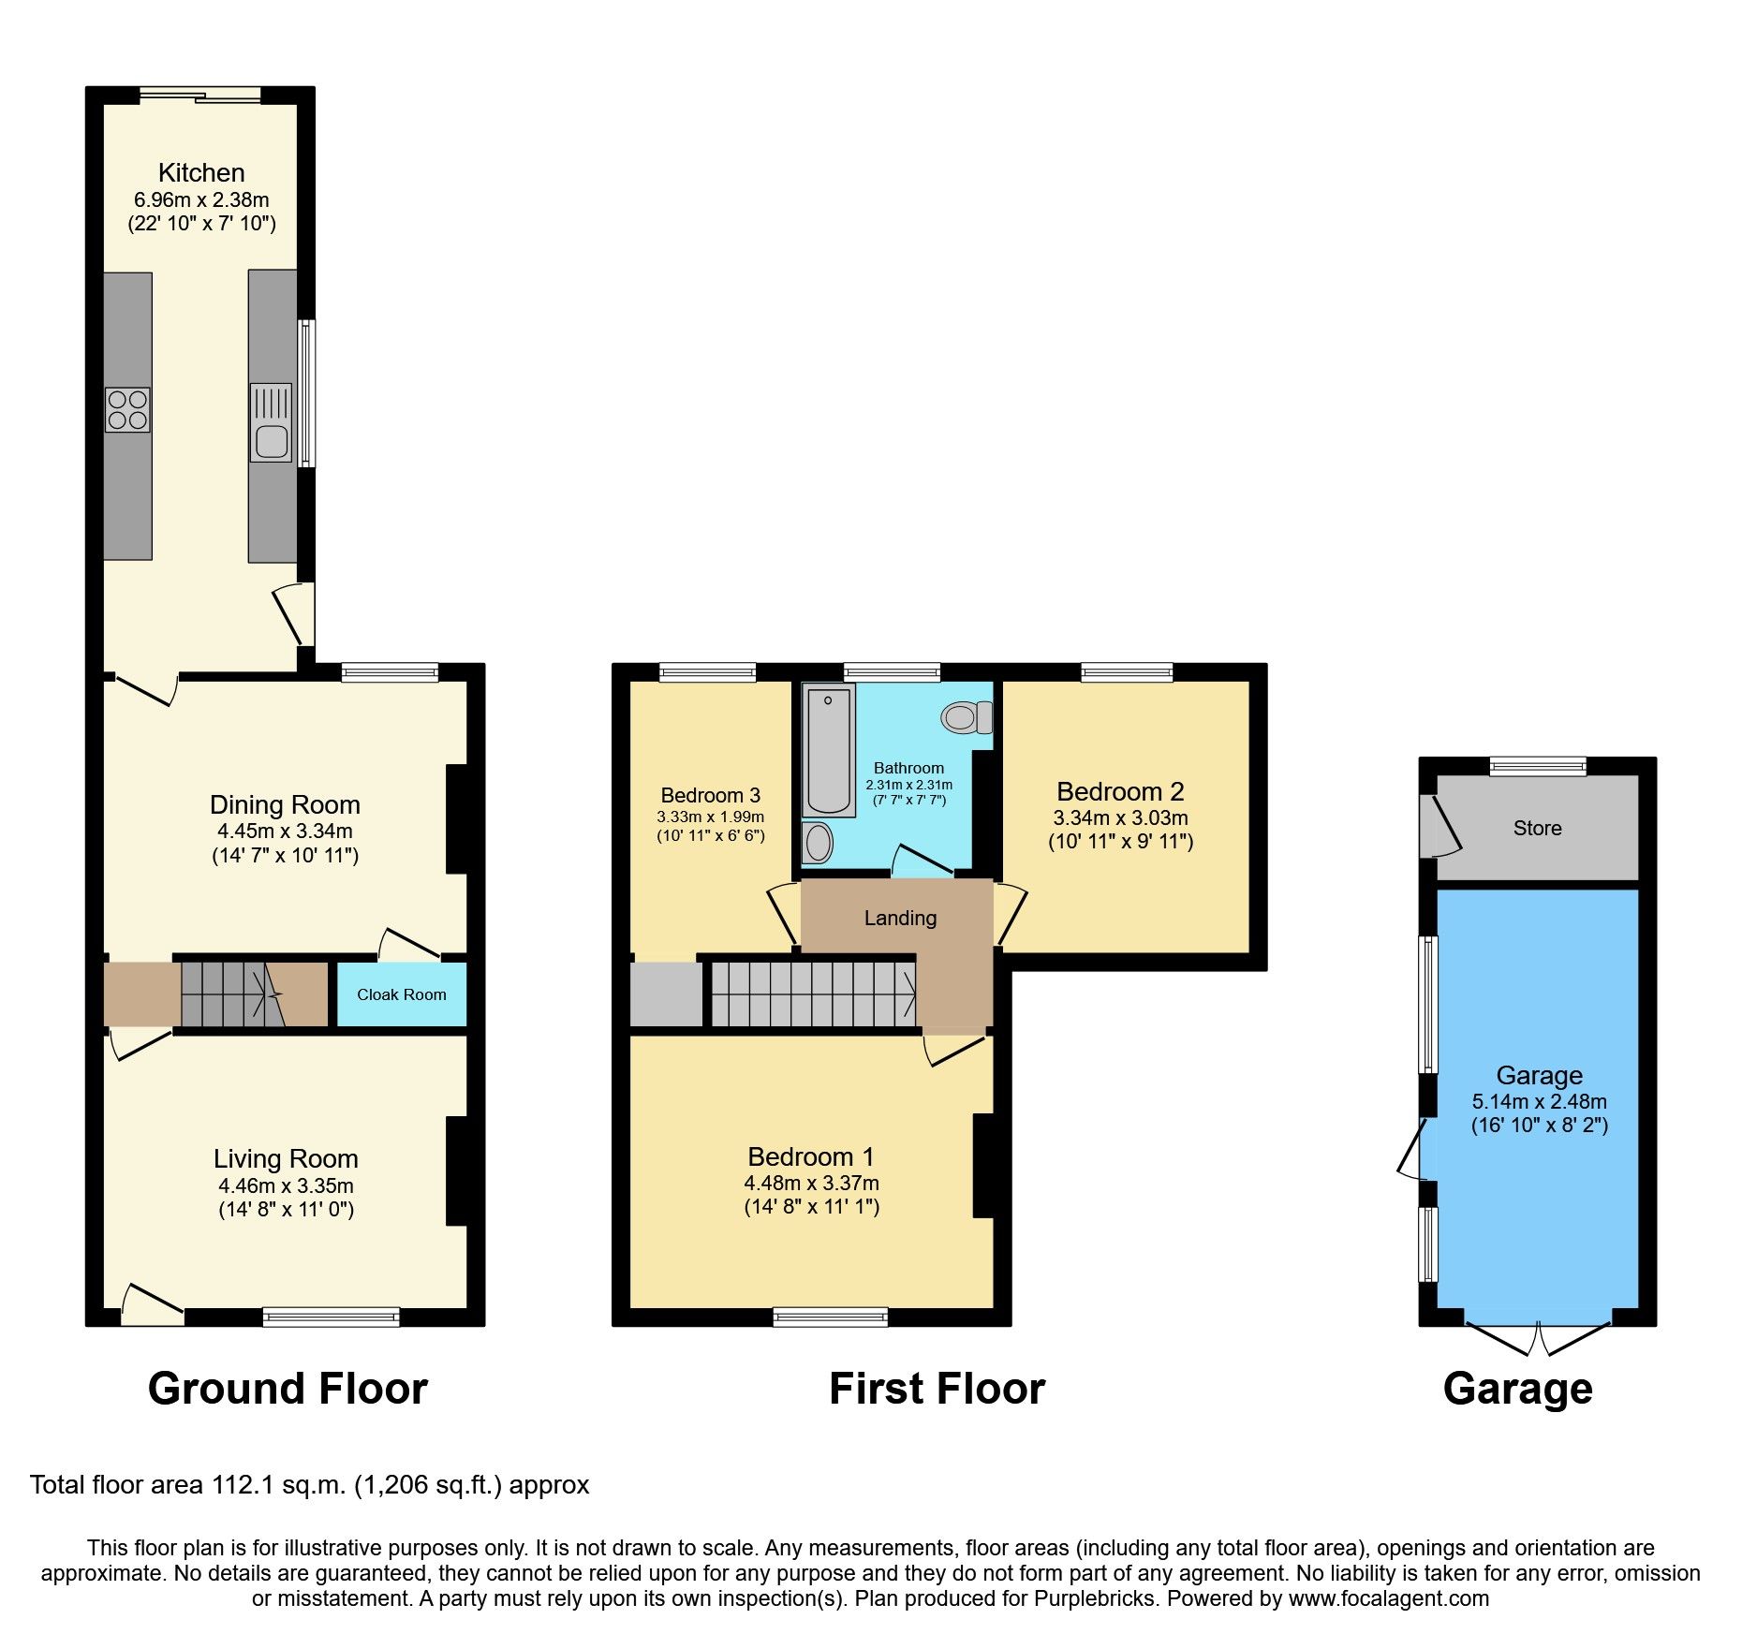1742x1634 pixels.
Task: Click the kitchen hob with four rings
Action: tap(127, 410)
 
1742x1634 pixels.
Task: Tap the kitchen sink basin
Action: tap(271, 441)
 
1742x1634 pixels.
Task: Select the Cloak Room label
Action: tap(401, 994)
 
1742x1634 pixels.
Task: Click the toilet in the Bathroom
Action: tap(966, 718)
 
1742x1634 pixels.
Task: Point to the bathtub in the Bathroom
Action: tap(828, 749)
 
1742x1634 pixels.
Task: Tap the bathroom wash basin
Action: tap(819, 843)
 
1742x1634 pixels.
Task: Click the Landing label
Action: tap(900, 918)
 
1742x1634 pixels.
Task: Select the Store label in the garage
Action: tap(1537, 828)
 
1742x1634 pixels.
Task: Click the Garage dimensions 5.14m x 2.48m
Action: tap(1539, 1101)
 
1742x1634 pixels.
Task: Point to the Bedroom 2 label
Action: tap(1120, 791)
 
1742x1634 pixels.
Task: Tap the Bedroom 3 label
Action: tap(710, 795)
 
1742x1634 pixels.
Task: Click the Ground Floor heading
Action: tap(288, 1388)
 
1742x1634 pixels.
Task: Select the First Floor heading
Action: tap(937, 1388)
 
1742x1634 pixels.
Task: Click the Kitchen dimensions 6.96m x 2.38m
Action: tap(201, 199)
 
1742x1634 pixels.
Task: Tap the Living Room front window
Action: tap(332, 1317)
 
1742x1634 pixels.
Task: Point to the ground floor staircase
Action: tap(229, 994)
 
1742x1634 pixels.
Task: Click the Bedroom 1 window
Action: tap(831, 1318)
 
